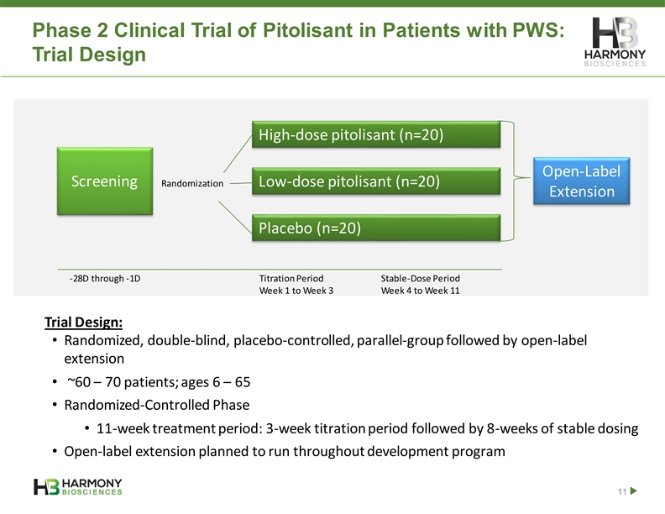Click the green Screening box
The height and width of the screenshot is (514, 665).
[105, 181]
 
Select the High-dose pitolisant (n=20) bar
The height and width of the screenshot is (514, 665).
[376, 134]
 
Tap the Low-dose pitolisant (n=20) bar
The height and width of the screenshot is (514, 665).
[376, 181]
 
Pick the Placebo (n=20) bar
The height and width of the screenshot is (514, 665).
[376, 228]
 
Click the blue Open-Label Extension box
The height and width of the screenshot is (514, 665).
[581, 181]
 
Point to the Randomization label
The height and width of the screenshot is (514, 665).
[192, 184]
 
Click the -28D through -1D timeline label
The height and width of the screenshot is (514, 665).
[105, 279]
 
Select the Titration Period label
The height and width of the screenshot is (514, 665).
[291, 279]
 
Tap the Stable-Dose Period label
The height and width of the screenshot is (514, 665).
[421, 279]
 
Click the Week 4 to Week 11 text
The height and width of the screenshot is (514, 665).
[421, 291]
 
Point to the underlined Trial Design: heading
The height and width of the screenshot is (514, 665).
[84, 323]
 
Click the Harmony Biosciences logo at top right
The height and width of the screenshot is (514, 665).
[615, 41]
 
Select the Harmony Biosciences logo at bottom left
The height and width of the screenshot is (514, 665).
[78, 487]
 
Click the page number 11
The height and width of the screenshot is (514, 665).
[622, 491]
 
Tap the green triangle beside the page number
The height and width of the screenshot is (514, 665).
[634, 491]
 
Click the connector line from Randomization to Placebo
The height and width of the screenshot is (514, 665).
[235, 218]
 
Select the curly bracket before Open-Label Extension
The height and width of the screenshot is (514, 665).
[515, 181]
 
